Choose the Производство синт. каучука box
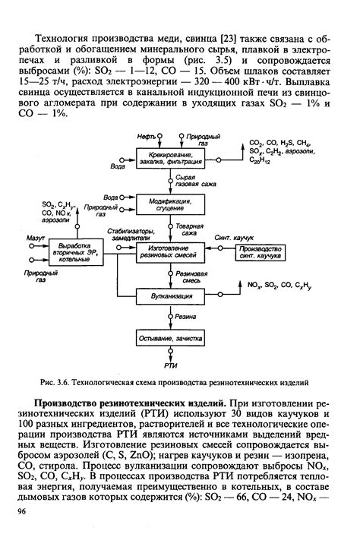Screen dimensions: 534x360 [x=260, y=251]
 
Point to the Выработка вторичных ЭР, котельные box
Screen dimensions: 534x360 [x=75, y=251]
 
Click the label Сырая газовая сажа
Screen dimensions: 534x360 [x=189, y=182]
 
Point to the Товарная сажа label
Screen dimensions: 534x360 [x=191, y=229]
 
